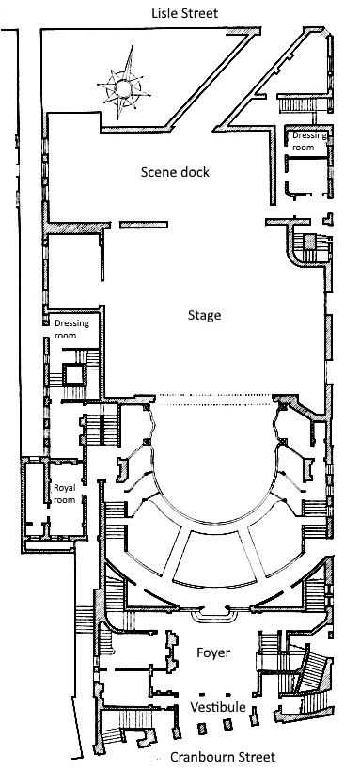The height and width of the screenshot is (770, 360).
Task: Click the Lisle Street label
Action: tap(184, 13)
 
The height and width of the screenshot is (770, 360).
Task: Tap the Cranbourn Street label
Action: tap(223, 757)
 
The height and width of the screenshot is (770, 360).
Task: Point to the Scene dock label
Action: tap(175, 172)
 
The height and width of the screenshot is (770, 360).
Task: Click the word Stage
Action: tap(204, 316)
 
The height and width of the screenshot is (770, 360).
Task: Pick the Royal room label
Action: tap(65, 494)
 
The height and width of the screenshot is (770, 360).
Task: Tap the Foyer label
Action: tap(213, 653)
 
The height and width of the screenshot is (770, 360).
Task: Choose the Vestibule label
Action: tap(218, 707)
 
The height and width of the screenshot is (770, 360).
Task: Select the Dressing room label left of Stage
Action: tap(71, 329)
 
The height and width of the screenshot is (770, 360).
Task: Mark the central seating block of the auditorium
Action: tap(214, 559)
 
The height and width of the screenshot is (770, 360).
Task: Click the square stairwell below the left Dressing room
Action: tap(74, 376)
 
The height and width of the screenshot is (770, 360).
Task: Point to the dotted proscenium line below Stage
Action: tap(213, 400)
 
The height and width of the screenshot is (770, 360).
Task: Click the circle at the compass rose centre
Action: tap(123, 88)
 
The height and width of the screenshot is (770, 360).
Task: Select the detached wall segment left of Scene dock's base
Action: tap(144, 225)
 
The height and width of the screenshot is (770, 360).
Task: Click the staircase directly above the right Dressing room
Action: tap(299, 103)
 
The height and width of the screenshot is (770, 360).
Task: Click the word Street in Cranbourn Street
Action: tap(256, 757)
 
